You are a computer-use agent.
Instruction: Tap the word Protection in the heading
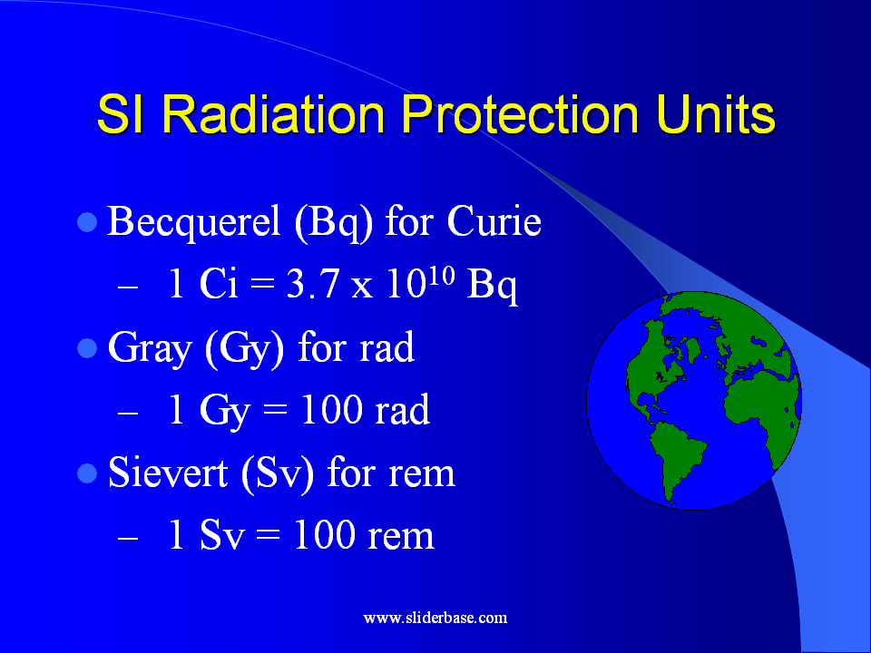point(520,114)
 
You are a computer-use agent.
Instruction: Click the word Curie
point(494,221)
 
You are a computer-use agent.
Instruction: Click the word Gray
point(150,349)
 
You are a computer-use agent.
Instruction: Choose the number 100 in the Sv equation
point(325,534)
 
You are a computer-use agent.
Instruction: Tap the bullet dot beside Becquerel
point(87,222)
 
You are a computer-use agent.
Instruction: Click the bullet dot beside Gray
point(87,348)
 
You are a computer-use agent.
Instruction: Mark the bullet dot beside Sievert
point(87,473)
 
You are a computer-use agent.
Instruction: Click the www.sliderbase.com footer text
point(435,618)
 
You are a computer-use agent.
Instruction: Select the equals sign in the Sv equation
point(269,534)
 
